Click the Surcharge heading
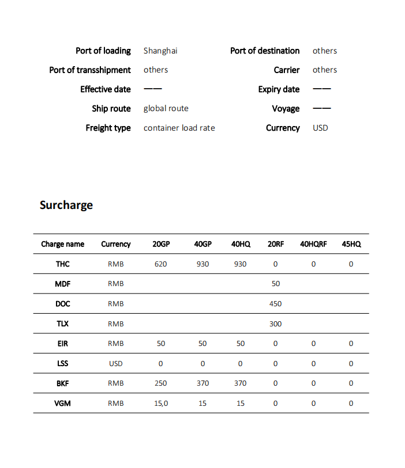tap(66, 205)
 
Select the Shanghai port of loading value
tap(160, 51)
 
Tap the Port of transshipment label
tap(90, 70)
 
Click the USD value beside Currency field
tap(320, 128)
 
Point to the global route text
tap(166, 108)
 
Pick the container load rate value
tap(179, 128)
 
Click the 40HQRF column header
tap(313, 244)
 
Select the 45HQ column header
tap(351, 244)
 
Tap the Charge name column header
tap(62, 244)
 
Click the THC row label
tap(62, 264)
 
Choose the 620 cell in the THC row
tap(161, 264)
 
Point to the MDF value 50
tap(275, 284)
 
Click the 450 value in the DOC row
tap(275, 304)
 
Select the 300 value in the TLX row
tap(275, 324)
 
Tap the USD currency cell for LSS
tap(115, 364)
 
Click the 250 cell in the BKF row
tap(161, 383)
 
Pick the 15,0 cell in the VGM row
tap(161, 404)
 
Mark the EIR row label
tap(62, 344)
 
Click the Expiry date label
tap(279, 89)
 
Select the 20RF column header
tap(275, 244)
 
